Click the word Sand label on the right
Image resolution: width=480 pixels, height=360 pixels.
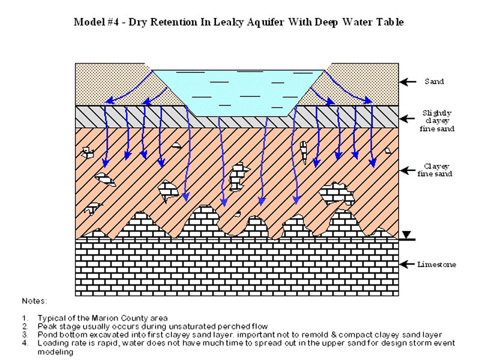(x=434, y=82)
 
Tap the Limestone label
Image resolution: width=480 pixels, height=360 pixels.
(x=437, y=265)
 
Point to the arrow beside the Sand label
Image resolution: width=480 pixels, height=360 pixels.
(x=409, y=82)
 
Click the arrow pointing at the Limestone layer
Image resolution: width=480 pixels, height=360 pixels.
(x=409, y=264)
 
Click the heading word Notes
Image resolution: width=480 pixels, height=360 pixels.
(x=34, y=300)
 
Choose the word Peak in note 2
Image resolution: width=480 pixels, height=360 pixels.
(x=46, y=325)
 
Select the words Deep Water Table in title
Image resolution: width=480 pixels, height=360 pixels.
(x=370, y=22)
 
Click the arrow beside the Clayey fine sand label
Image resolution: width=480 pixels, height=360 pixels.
(x=409, y=170)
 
